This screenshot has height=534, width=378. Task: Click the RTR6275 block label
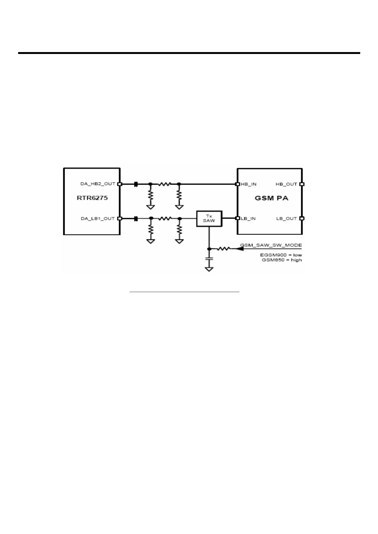92,198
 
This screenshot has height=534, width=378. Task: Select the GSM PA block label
272,198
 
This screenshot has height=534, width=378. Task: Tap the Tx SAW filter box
209,218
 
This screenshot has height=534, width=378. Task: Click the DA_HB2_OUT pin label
98,184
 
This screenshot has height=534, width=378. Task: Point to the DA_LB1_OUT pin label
98,218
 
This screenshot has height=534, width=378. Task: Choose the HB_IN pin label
248,184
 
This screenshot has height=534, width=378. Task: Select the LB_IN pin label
248,218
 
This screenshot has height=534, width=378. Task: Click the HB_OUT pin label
286,184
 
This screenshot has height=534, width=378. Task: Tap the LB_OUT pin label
287,218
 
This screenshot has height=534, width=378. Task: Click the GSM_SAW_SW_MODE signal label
271,245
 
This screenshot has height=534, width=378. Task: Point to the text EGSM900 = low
281,255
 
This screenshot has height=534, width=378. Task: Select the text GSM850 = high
282,260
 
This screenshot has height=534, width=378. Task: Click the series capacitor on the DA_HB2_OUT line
136,184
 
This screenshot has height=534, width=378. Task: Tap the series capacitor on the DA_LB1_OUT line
136,218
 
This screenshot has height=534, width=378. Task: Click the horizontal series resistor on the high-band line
165,184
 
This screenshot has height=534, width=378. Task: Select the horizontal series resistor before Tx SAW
165,218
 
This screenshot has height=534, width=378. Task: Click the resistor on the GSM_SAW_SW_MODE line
223,249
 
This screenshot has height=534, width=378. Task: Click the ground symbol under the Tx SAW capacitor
209,269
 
